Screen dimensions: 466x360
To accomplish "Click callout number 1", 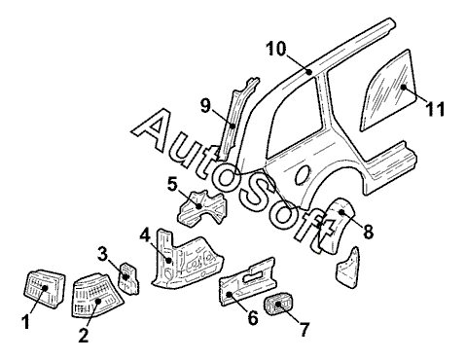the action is (25, 322).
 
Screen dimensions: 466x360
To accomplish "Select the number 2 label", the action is (84, 335).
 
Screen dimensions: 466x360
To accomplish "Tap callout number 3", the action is (102, 254).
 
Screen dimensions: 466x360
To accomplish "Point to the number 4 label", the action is (145, 234).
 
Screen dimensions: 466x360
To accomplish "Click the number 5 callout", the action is (173, 185).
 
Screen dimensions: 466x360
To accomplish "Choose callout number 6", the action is (253, 317).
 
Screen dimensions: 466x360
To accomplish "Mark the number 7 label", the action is (305, 329).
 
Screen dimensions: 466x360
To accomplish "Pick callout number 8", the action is (368, 232).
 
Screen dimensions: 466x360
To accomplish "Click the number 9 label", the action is (205, 105).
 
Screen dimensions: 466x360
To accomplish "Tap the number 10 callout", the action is (276, 49).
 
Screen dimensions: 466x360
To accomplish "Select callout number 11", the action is (435, 109).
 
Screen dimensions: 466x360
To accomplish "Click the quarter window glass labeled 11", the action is (389, 90).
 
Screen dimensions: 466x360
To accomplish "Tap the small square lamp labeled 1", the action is (45, 289).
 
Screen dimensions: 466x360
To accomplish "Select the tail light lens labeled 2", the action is (95, 295).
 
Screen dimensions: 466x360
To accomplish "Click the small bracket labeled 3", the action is (128, 278).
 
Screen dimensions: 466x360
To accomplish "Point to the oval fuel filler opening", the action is (303, 175).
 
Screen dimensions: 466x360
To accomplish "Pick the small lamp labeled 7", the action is (278, 305).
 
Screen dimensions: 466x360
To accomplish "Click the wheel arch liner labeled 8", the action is (334, 226).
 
